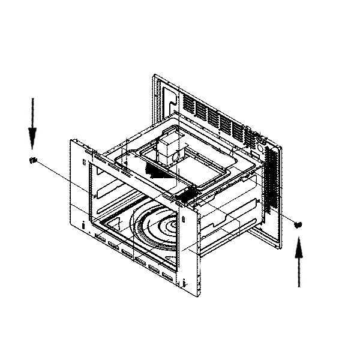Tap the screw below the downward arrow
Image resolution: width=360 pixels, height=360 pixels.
click(34, 160)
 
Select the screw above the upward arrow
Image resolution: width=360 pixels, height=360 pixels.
click(299, 224)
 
